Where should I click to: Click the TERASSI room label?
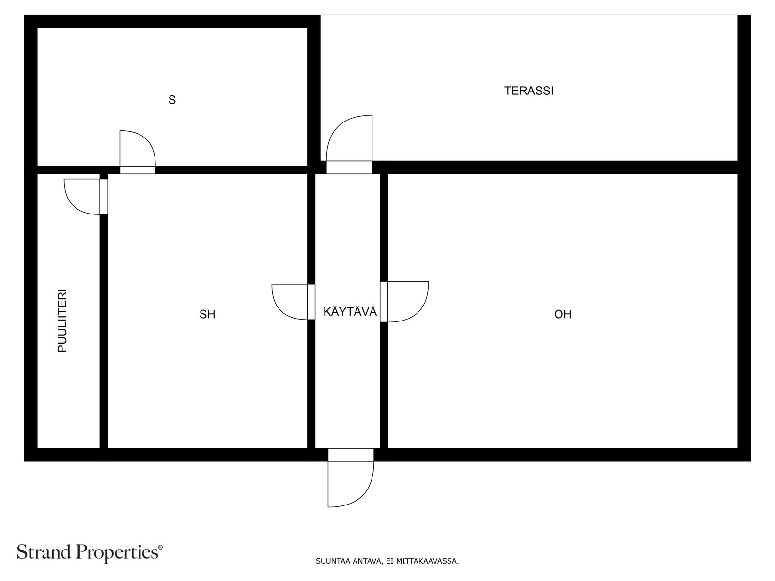pyautogui.click(x=528, y=91)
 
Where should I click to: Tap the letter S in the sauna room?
pyautogui.click(x=172, y=100)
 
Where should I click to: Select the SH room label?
pyautogui.click(x=207, y=314)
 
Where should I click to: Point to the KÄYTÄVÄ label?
pyautogui.click(x=350, y=311)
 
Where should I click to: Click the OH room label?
pyautogui.click(x=562, y=314)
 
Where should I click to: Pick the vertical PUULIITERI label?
pyautogui.click(x=62, y=321)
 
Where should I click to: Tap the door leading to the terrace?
pyautogui.click(x=349, y=145)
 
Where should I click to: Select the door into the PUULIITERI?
pyautogui.click(x=86, y=197)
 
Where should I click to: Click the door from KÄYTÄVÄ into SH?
pyautogui.click(x=294, y=302)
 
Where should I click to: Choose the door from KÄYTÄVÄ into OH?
pyautogui.click(x=404, y=302)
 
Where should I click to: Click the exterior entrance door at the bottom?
pyautogui.click(x=351, y=478)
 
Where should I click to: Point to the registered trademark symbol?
pyautogui.click(x=160, y=547)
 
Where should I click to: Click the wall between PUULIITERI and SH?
pyautogui.click(x=104, y=331)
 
